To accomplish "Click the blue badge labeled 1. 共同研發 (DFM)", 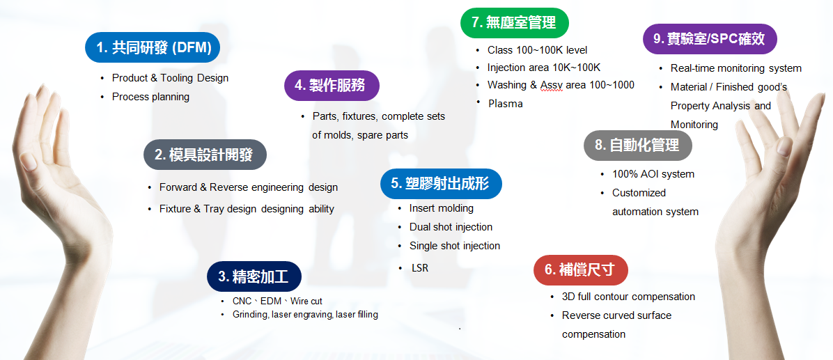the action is (153, 48).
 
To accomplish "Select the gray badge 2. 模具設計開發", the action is (205, 155).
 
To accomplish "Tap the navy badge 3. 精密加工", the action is (254, 276).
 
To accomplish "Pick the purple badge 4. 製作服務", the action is (332, 86).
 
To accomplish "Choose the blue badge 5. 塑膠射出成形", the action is (442, 184).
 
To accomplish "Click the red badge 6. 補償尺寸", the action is (581, 270).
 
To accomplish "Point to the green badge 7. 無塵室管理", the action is (515, 23).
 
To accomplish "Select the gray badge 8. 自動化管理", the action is (638, 146).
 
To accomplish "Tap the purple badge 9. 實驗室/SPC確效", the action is (710, 39).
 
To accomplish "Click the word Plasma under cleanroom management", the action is (505, 104).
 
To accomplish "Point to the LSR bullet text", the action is (420, 268).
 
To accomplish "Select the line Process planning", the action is (151, 97).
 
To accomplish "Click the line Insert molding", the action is (442, 208).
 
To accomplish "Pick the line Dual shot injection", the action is (451, 227).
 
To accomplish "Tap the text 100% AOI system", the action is (653, 174).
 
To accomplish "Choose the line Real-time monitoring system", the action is (736, 68).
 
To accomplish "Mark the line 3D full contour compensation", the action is (628, 297).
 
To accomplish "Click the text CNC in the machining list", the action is (242, 301).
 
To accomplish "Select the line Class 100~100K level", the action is (538, 50).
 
